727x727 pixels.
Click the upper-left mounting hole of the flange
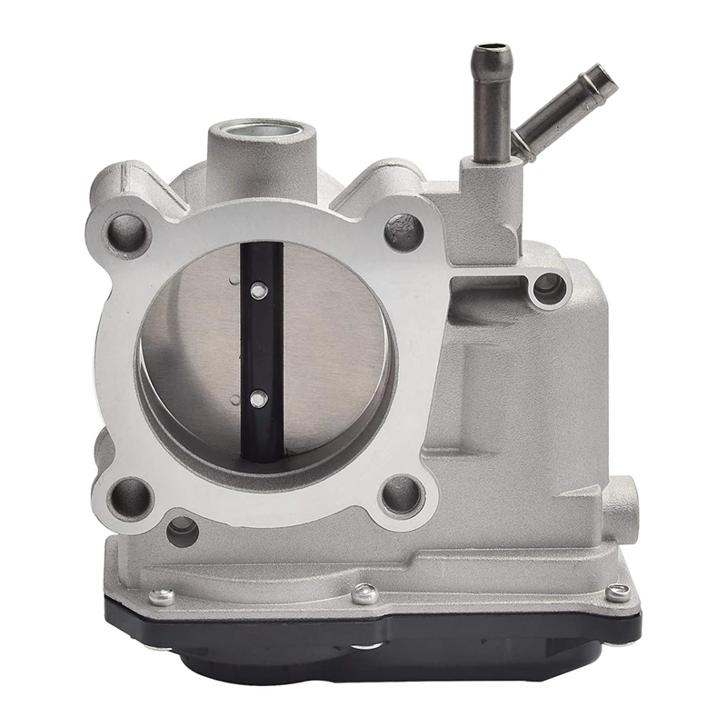click(129, 234)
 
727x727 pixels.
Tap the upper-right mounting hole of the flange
click(403, 233)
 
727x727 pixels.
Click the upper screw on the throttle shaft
click(259, 291)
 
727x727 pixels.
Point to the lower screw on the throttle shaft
click(259, 398)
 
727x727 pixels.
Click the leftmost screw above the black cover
click(163, 597)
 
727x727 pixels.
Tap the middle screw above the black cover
click(365, 593)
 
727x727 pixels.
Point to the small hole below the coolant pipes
click(548, 288)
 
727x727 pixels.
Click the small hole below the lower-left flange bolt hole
click(182, 531)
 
